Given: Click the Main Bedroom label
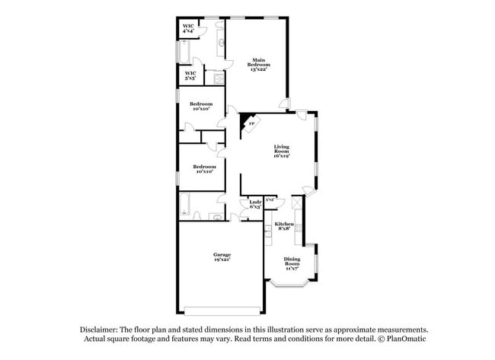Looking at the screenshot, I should pyautogui.click(x=259, y=65).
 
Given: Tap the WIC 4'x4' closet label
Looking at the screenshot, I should pyautogui.click(x=188, y=28).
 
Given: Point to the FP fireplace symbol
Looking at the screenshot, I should pyautogui.click(x=251, y=124).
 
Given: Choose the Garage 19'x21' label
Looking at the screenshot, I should pyautogui.click(x=222, y=257).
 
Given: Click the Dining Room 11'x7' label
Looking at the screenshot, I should pyautogui.click(x=292, y=263).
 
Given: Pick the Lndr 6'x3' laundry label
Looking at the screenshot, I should pyautogui.click(x=256, y=204).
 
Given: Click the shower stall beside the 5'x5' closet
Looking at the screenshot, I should pyautogui.click(x=218, y=76).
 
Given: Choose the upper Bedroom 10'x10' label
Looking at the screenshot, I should pyautogui.click(x=202, y=106).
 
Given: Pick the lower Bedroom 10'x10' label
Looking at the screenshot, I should pyautogui.click(x=203, y=169).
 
